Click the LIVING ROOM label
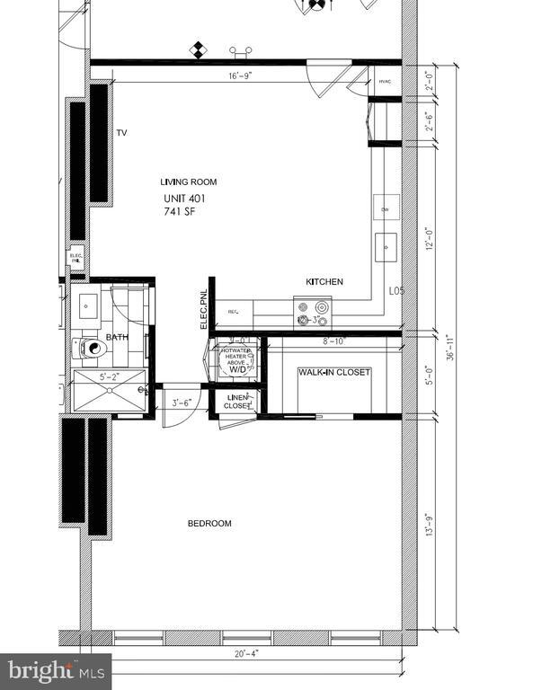pos(189,182)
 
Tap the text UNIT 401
pos(190,199)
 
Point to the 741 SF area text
pos(179,212)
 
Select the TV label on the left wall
pos(121,133)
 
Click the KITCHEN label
pos(324,282)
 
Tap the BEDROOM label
pos(209,524)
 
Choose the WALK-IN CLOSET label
pos(334,372)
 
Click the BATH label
pos(118,338)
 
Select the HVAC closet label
pos(385,82)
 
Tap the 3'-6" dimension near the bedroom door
pos(181,403)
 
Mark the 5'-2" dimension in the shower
pos(108,378)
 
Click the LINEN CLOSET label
pos(237,402)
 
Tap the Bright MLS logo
pos(56,671)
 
